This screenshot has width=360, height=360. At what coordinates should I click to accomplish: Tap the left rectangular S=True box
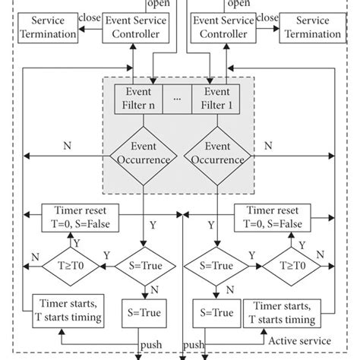point(142,310)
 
